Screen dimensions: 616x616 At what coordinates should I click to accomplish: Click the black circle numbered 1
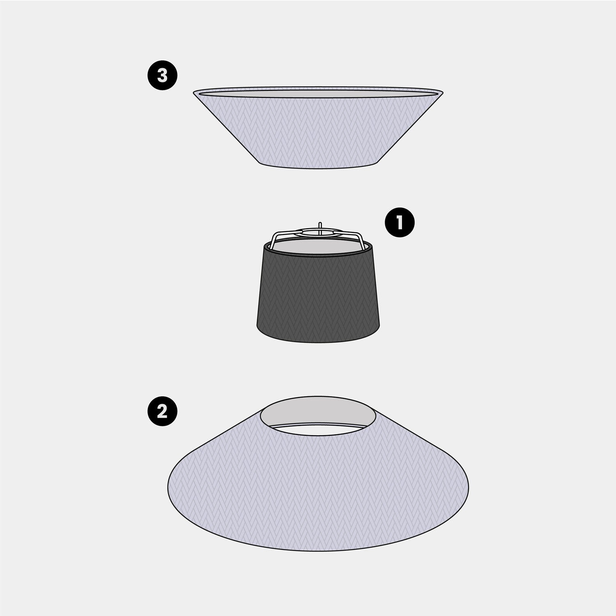pyautogui.click(x=400, y=223)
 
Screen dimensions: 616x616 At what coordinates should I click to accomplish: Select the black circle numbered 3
pyautogui.click(x=162, y=76)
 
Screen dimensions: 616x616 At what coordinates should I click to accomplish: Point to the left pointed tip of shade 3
pyautogui.click(x=194, y=92)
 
